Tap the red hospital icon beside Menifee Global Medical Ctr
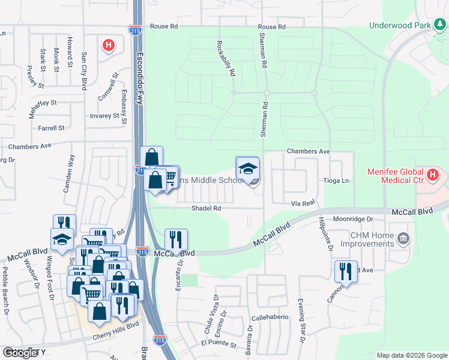(433, 176)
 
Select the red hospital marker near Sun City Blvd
(108, 45)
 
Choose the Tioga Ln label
(336, 181)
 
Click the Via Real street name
(304, 204)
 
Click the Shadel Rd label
(206, 208)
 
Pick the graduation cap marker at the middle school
(247, 169)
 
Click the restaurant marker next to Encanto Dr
(176, 239)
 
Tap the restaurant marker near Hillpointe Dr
(346, 271)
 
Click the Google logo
(20, 353)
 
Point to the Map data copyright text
(412, 355)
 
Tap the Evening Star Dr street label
(302, 331)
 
